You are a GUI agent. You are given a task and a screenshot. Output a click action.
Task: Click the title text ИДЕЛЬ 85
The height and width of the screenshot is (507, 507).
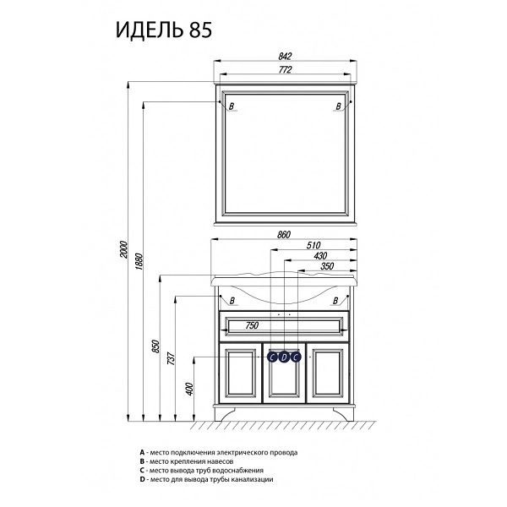(x=164, y=30)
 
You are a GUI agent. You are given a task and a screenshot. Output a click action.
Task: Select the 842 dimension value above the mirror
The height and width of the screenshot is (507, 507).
(x=285, y=57)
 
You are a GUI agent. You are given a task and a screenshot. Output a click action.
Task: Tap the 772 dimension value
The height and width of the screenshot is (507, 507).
(x=285, y=69)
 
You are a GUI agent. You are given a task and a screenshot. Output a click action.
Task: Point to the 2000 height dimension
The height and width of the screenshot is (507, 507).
(x=124, y=249)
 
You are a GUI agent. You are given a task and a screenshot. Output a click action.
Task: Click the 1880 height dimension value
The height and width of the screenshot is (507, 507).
(x=139, y=262)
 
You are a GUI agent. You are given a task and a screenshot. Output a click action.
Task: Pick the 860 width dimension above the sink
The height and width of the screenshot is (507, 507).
(x=284, y=234)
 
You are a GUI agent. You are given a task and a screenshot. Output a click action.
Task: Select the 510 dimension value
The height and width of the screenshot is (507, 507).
(x=313, y=245)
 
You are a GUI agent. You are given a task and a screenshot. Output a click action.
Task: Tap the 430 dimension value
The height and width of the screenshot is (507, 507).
(x=320, y=256)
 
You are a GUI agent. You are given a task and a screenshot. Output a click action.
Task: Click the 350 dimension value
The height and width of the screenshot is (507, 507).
(x=327, y=266)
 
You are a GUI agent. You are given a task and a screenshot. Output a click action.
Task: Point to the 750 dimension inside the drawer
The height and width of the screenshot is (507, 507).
(x=252, y=325)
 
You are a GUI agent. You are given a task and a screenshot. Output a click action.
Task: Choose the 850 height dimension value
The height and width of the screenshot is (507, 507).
(x=156, y=346)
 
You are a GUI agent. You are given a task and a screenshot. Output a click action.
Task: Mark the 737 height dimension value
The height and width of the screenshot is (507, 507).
(x=171, y=358)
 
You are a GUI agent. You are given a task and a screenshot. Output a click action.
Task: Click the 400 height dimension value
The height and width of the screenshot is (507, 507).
(x=190, y=389)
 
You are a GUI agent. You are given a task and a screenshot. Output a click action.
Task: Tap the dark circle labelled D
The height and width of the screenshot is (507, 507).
(x=284, y=357)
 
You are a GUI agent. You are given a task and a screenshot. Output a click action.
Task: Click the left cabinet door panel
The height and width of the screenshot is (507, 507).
(x=240, y=373)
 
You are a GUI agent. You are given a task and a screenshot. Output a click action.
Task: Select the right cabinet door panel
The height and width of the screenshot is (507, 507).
(x=328, y=373)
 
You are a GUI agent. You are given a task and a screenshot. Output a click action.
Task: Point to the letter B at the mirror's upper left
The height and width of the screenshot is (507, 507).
(x=232, y=106)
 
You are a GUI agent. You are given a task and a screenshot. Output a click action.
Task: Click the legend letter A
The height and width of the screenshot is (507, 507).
(x=142, y=452)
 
